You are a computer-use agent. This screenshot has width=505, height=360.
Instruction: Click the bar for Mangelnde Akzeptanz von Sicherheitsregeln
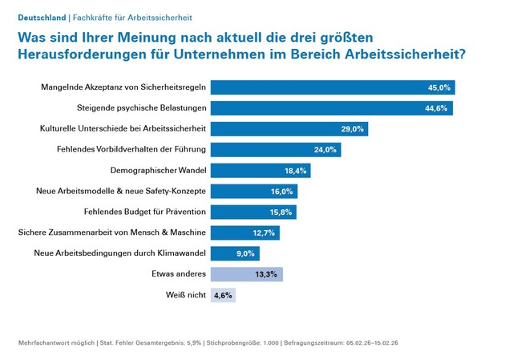coord(333,87)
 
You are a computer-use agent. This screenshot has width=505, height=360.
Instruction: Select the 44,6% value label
coord(436,107)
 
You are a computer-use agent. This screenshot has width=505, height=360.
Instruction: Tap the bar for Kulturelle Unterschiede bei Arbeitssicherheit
coord(289,128)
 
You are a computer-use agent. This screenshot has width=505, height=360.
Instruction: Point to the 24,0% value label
coord(325,149)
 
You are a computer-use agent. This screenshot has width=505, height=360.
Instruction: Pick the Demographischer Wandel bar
coord(261,170)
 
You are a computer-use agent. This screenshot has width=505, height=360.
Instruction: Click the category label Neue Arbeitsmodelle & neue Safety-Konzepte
coord(121,191)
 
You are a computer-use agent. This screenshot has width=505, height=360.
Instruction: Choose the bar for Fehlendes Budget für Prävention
coord(253,212)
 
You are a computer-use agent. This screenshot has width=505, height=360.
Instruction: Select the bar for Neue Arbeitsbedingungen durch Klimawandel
coord(235,253)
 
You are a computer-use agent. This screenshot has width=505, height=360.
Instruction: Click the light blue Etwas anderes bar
coord(247,274)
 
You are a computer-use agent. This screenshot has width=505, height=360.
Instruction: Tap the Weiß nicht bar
coord(223,295)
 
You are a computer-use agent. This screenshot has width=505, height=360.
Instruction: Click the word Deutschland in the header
coord(42,17)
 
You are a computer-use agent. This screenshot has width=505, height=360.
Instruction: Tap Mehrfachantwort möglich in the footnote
coord(55,343)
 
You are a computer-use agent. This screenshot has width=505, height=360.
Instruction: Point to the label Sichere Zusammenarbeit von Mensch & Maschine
coord(112,233)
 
